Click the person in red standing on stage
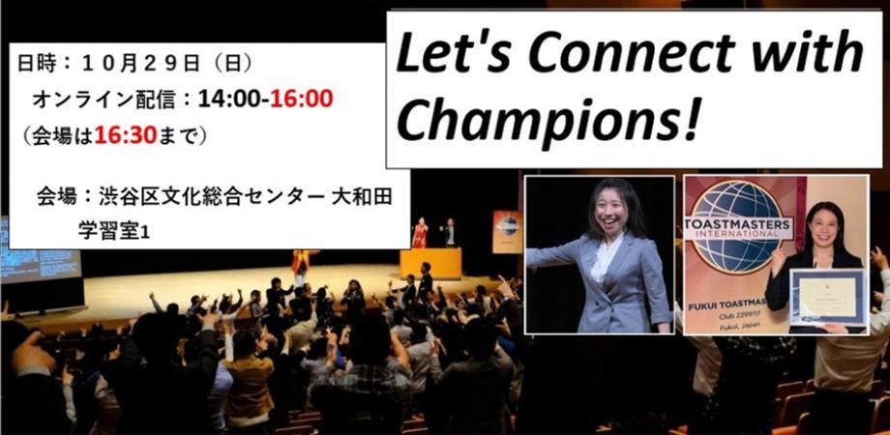pos(420,233)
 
